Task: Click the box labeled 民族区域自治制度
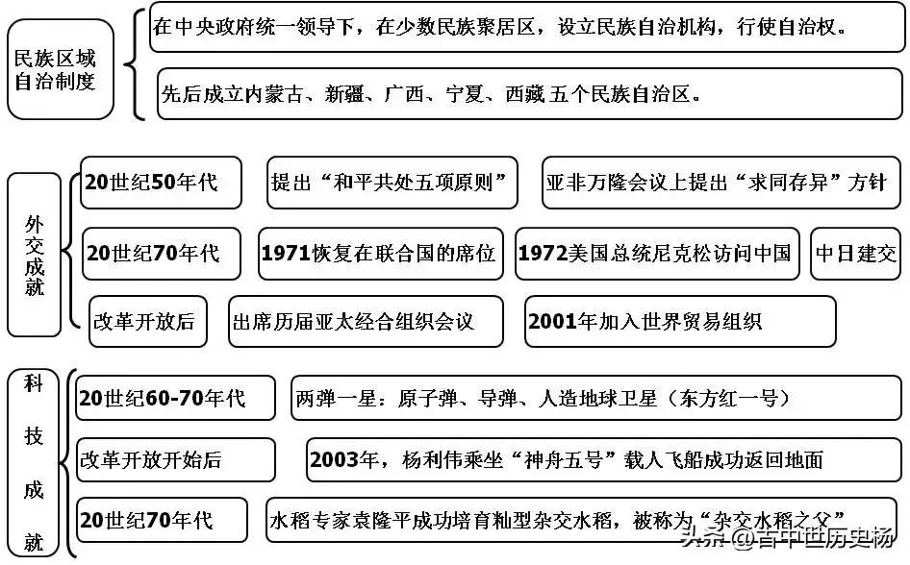[61, 70]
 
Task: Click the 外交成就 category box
[36, 253]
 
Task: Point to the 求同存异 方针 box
[719, 183]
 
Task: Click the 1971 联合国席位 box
[379, 254]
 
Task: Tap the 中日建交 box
[855, 254]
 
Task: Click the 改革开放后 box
[144, 321]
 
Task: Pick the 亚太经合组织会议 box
[366, 321]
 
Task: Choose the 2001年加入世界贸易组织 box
[680, 321]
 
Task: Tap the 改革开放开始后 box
[175, 460]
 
